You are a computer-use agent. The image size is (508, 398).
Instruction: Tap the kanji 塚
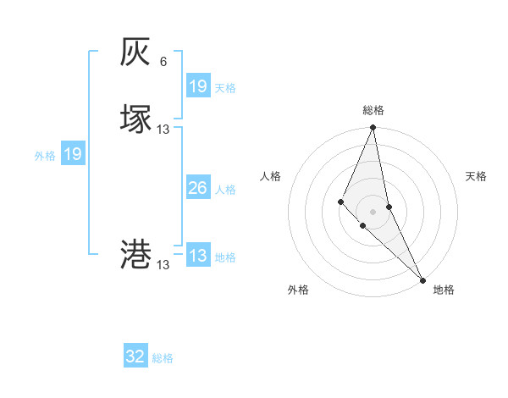click(136, 118)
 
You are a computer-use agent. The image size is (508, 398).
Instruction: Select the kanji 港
click(136, 254)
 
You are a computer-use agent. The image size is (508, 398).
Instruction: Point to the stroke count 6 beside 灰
click(163, 62)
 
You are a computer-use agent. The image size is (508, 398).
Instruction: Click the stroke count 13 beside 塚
click(163, 129)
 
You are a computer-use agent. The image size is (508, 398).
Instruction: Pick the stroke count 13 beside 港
click(163, 265)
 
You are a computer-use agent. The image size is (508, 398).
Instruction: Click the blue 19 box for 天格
click(197, 86)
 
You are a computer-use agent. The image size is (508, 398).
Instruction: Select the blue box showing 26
click(197, 188)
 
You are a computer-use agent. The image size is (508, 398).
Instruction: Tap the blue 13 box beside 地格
click(197, 256)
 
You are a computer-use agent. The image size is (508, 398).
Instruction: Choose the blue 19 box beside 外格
click(72, 154)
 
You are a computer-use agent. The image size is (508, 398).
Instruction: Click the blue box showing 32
click(135, 357)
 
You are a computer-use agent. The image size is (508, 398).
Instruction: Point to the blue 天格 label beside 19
click(225, 88)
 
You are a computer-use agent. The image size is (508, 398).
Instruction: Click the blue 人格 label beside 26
click(225, 190)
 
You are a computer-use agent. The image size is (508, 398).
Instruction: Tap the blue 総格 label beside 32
click(163, 358)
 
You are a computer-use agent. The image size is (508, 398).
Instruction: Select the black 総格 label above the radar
click(373, 110)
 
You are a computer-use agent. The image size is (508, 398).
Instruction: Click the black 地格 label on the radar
click(444, 290)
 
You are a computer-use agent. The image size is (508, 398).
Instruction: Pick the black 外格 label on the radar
click(298, 290)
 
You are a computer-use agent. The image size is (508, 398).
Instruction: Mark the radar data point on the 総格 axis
click(373, 128)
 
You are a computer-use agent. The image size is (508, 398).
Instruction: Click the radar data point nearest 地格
click(422, 279)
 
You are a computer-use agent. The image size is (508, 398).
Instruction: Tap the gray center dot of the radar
click(373, 211)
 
